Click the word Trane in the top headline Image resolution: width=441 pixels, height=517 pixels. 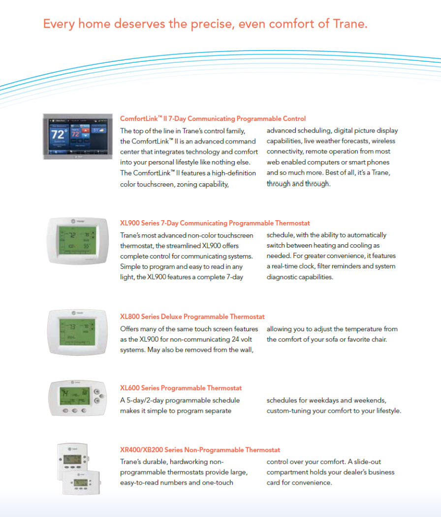pyautogui.click(x=350, y=24)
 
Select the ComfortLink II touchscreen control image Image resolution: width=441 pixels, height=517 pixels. pyautogui.click(x=78, y=137)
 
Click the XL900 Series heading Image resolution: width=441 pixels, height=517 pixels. pyautogui.click(x=215, y=223)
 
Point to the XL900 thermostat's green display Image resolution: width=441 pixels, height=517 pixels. pyautogui.click(x=78, y=240)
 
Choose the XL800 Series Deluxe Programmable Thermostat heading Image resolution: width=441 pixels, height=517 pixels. pyautogui.click(x=192, y=317)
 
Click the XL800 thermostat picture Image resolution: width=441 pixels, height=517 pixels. pyautogui.click(x=78, y=332)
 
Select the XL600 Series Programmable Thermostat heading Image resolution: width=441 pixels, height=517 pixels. pyautogui.click(x=181, y=388)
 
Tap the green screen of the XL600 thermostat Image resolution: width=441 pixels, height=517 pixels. pyautogui.click(x=75, y=396)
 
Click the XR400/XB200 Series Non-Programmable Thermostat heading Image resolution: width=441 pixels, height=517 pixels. pyautogui.click(x=200, y=450)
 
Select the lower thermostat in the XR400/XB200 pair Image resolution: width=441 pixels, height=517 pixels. pyautogui.click(x=81, y=483)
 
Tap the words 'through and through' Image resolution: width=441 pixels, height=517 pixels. pyautogui.click(x=298, y=184)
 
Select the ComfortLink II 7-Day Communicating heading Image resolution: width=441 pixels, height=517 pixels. pyautogui.click(x=213, y=119)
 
